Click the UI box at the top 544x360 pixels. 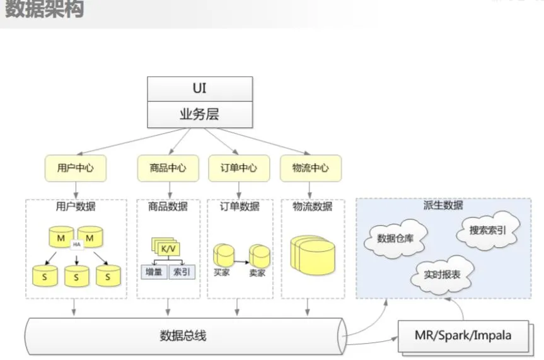199,88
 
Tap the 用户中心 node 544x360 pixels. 76,168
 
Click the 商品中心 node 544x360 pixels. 168,168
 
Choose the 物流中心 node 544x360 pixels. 310,168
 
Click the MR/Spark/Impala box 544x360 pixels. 463,334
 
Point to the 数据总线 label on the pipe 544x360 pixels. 183,335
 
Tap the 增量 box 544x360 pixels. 153,272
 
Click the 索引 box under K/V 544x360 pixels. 183,272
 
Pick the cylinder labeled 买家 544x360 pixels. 223,255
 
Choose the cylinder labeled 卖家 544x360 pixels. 259,256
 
